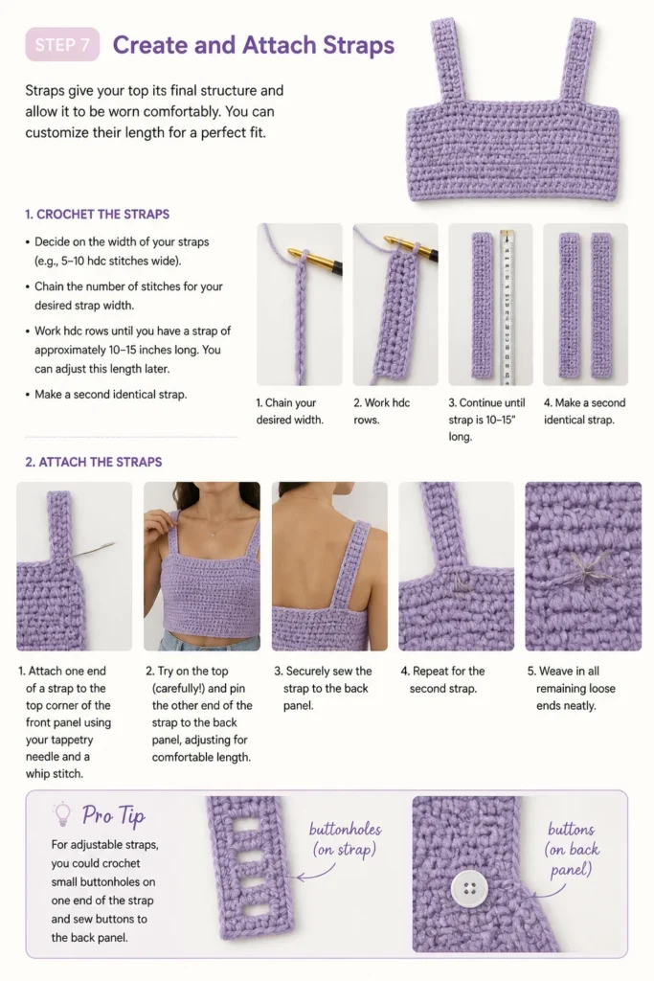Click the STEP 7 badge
(x=62, y=44)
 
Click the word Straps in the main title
(x=358, y=45)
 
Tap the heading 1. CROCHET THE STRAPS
(x=97, y=214)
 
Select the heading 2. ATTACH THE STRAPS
(x=94, y=462)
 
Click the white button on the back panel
(x=469, y=888)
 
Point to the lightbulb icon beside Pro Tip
(x=62, y=813)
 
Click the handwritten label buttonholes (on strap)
(x=345, y=839)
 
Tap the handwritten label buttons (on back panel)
(x=572, y=849)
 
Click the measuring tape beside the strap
(x=507, y=307)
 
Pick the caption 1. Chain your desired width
(x=289, y=411)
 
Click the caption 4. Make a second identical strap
(x=585, y=411)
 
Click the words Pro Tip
(x=114, y=814)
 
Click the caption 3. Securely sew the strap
(x=323, y=688)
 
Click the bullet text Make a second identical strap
(x=111, y=395)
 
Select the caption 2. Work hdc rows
(x=381, y=411)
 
